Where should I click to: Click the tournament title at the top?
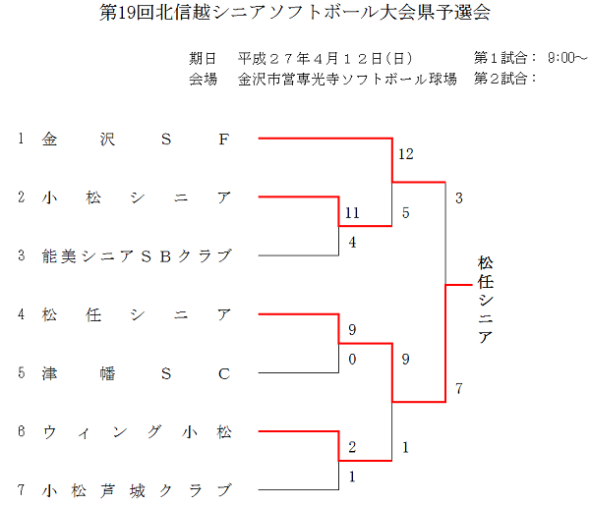click(295, 13)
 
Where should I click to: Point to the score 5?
click(406, 213)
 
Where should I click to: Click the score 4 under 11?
click(352, 243)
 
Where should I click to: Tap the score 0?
click(352, 359)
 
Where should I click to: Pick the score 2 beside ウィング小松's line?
click(352, 447)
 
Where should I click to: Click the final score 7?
click(459, 390)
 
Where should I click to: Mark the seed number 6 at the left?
click(21, 431)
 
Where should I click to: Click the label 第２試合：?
click(505, 79)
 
